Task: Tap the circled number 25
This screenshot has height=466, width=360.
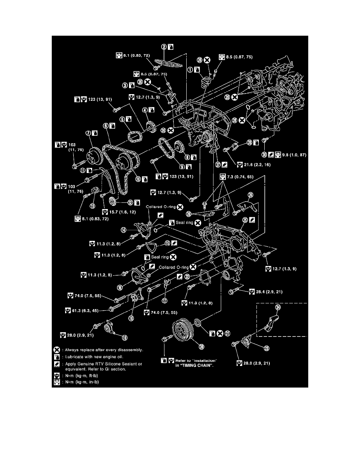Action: pyautogui.click(x=245, y=220)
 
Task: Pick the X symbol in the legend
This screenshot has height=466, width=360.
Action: pyautogui.click(x=57, y=349)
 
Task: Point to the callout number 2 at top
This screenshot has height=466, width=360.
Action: pyautogui.click(x=164, y=47)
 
